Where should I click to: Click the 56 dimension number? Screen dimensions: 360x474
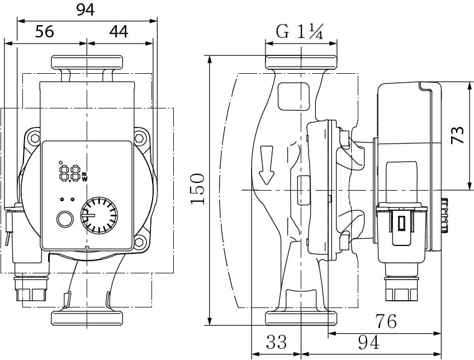tap(45, 32)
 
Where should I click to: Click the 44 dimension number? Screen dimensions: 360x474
tap(118, 32)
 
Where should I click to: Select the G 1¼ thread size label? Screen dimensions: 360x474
tap(300, 32)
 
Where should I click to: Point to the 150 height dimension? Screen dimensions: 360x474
tap(197, 188)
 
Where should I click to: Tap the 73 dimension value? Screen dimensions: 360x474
tap(458, 135)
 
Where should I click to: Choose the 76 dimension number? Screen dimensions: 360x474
tap(385, 321)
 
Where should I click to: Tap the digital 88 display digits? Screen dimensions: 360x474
tap(69, 171)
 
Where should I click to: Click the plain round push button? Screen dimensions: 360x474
tap(65, 219)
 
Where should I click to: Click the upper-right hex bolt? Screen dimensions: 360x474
tap(140, 138)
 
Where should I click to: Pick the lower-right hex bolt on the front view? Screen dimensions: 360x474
tap(140, 242)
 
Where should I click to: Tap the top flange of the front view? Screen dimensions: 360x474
tap(87, 61)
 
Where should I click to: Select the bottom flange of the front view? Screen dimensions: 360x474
tap(87, 318)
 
